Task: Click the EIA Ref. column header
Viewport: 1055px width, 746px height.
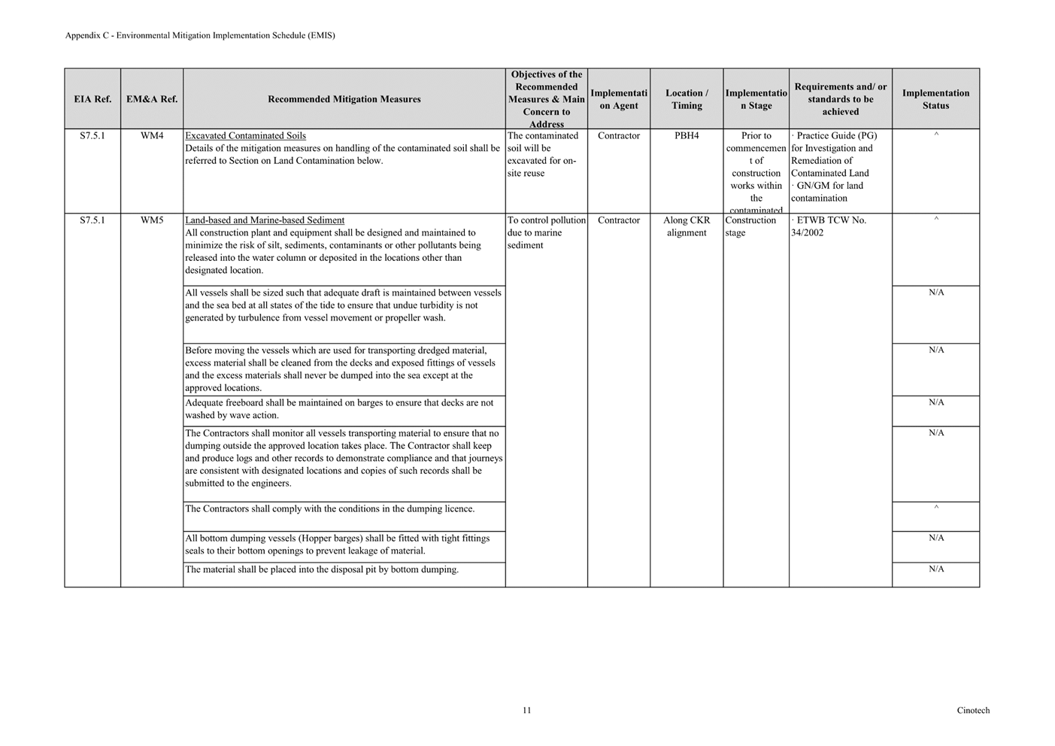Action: (92, 99)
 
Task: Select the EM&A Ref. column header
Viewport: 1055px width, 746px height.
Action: (152, 99)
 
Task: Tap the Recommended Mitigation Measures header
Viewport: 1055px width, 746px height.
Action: (344, 99)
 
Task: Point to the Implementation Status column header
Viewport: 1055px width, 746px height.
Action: (935, 99)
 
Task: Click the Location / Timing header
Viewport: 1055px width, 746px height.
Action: (687, 99)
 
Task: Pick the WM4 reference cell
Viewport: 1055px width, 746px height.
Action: (152, 136)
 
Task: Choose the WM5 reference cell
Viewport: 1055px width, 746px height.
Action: (152, 220)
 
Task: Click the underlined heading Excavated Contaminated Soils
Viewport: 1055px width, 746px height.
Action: (245, 136)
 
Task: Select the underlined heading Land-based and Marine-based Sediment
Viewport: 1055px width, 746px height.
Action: (265, 220)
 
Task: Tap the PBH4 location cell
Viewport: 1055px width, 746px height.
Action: (687, 136)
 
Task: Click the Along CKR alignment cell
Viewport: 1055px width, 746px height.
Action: (687, 226)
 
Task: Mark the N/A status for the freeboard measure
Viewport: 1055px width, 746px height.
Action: (936, 403)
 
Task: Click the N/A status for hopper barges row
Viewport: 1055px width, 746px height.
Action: (936, 538)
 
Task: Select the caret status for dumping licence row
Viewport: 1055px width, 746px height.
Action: (936, 508)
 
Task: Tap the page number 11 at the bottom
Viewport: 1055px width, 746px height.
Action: (526, 710)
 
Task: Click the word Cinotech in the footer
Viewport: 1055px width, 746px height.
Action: (973, 711)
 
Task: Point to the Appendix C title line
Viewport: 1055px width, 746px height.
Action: (200, 35)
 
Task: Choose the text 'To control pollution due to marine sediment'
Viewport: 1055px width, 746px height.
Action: (546, 232)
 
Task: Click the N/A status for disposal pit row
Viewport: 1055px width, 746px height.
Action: (936, 569)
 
